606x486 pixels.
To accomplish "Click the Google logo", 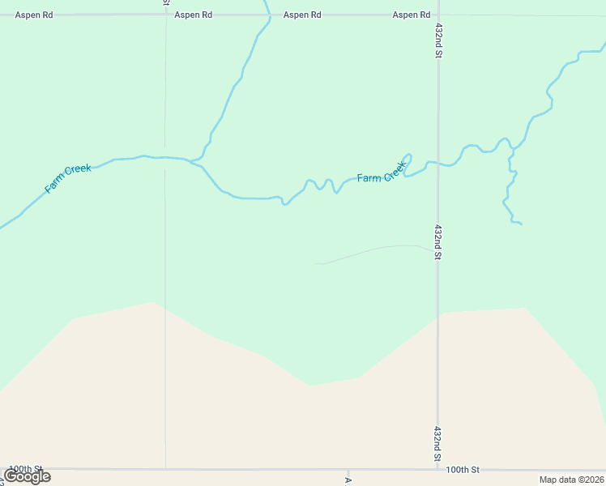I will click(x=28, y=476).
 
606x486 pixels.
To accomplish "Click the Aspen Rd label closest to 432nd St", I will click(x=411, y=15).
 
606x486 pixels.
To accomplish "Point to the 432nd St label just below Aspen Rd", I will click(x=438, y=40).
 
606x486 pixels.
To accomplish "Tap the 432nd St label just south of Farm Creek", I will click(x=438, y=242).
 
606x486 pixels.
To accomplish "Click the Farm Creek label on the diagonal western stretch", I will click(x=68, y=179).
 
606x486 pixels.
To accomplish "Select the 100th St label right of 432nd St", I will click(x=463, y=470).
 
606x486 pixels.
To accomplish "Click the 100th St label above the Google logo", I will click(x=25, y=469).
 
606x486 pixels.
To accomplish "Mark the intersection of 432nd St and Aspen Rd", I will click(x=438, y=15).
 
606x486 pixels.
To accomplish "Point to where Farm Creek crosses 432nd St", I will click(x=438, y=163).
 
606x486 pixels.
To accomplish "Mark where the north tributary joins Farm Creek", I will click(x=195, y=162).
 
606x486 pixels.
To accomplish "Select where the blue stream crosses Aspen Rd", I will click(x=267, y=15).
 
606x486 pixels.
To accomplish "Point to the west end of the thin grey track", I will click(x=315, y=263).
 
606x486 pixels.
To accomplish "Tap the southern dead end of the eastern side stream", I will click(x=521, y=224).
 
